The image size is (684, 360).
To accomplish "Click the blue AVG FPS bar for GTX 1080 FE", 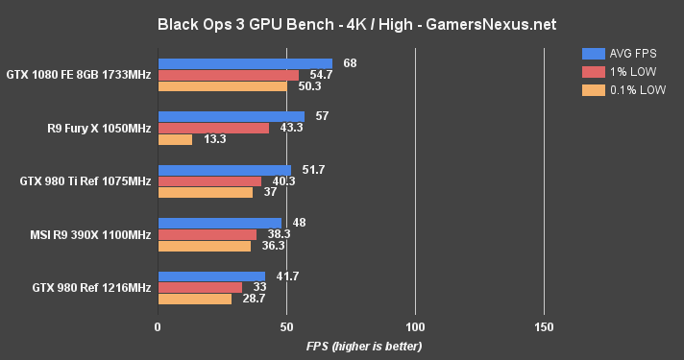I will [245, 63].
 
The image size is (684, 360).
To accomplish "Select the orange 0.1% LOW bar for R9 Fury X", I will [175, 139].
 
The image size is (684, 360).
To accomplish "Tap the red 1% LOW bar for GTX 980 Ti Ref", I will [209, 180].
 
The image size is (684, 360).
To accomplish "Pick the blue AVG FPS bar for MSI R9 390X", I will [219, 223].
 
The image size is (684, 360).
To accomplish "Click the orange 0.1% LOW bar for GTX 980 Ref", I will [194, 299].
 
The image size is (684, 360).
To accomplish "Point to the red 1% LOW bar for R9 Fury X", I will [213, 128].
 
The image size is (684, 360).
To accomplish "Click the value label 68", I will [350, 63].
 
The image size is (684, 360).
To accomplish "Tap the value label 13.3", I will [216, 139].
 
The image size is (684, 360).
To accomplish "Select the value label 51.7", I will [313, 170].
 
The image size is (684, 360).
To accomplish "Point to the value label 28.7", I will [256, 299].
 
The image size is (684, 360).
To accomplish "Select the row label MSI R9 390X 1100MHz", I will [91, 234].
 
